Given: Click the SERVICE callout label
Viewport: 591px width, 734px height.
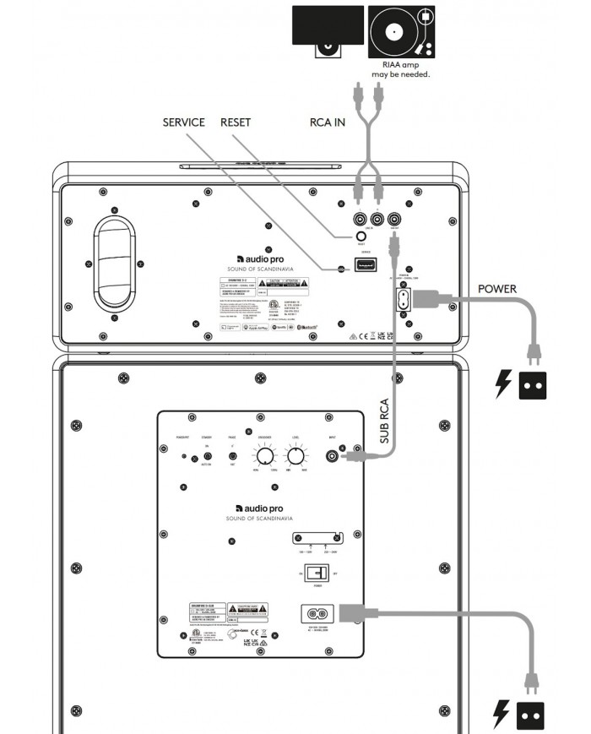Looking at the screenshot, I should (183, 122).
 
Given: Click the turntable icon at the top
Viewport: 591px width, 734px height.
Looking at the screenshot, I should (401, 31).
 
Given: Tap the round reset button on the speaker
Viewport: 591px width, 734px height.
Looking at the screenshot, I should (361, 237).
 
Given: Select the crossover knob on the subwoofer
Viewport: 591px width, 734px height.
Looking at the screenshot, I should (264, 457).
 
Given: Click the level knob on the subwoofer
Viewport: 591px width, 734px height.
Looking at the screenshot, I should (295, 457).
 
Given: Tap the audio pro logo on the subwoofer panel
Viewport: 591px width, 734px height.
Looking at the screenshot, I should (259, 508).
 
